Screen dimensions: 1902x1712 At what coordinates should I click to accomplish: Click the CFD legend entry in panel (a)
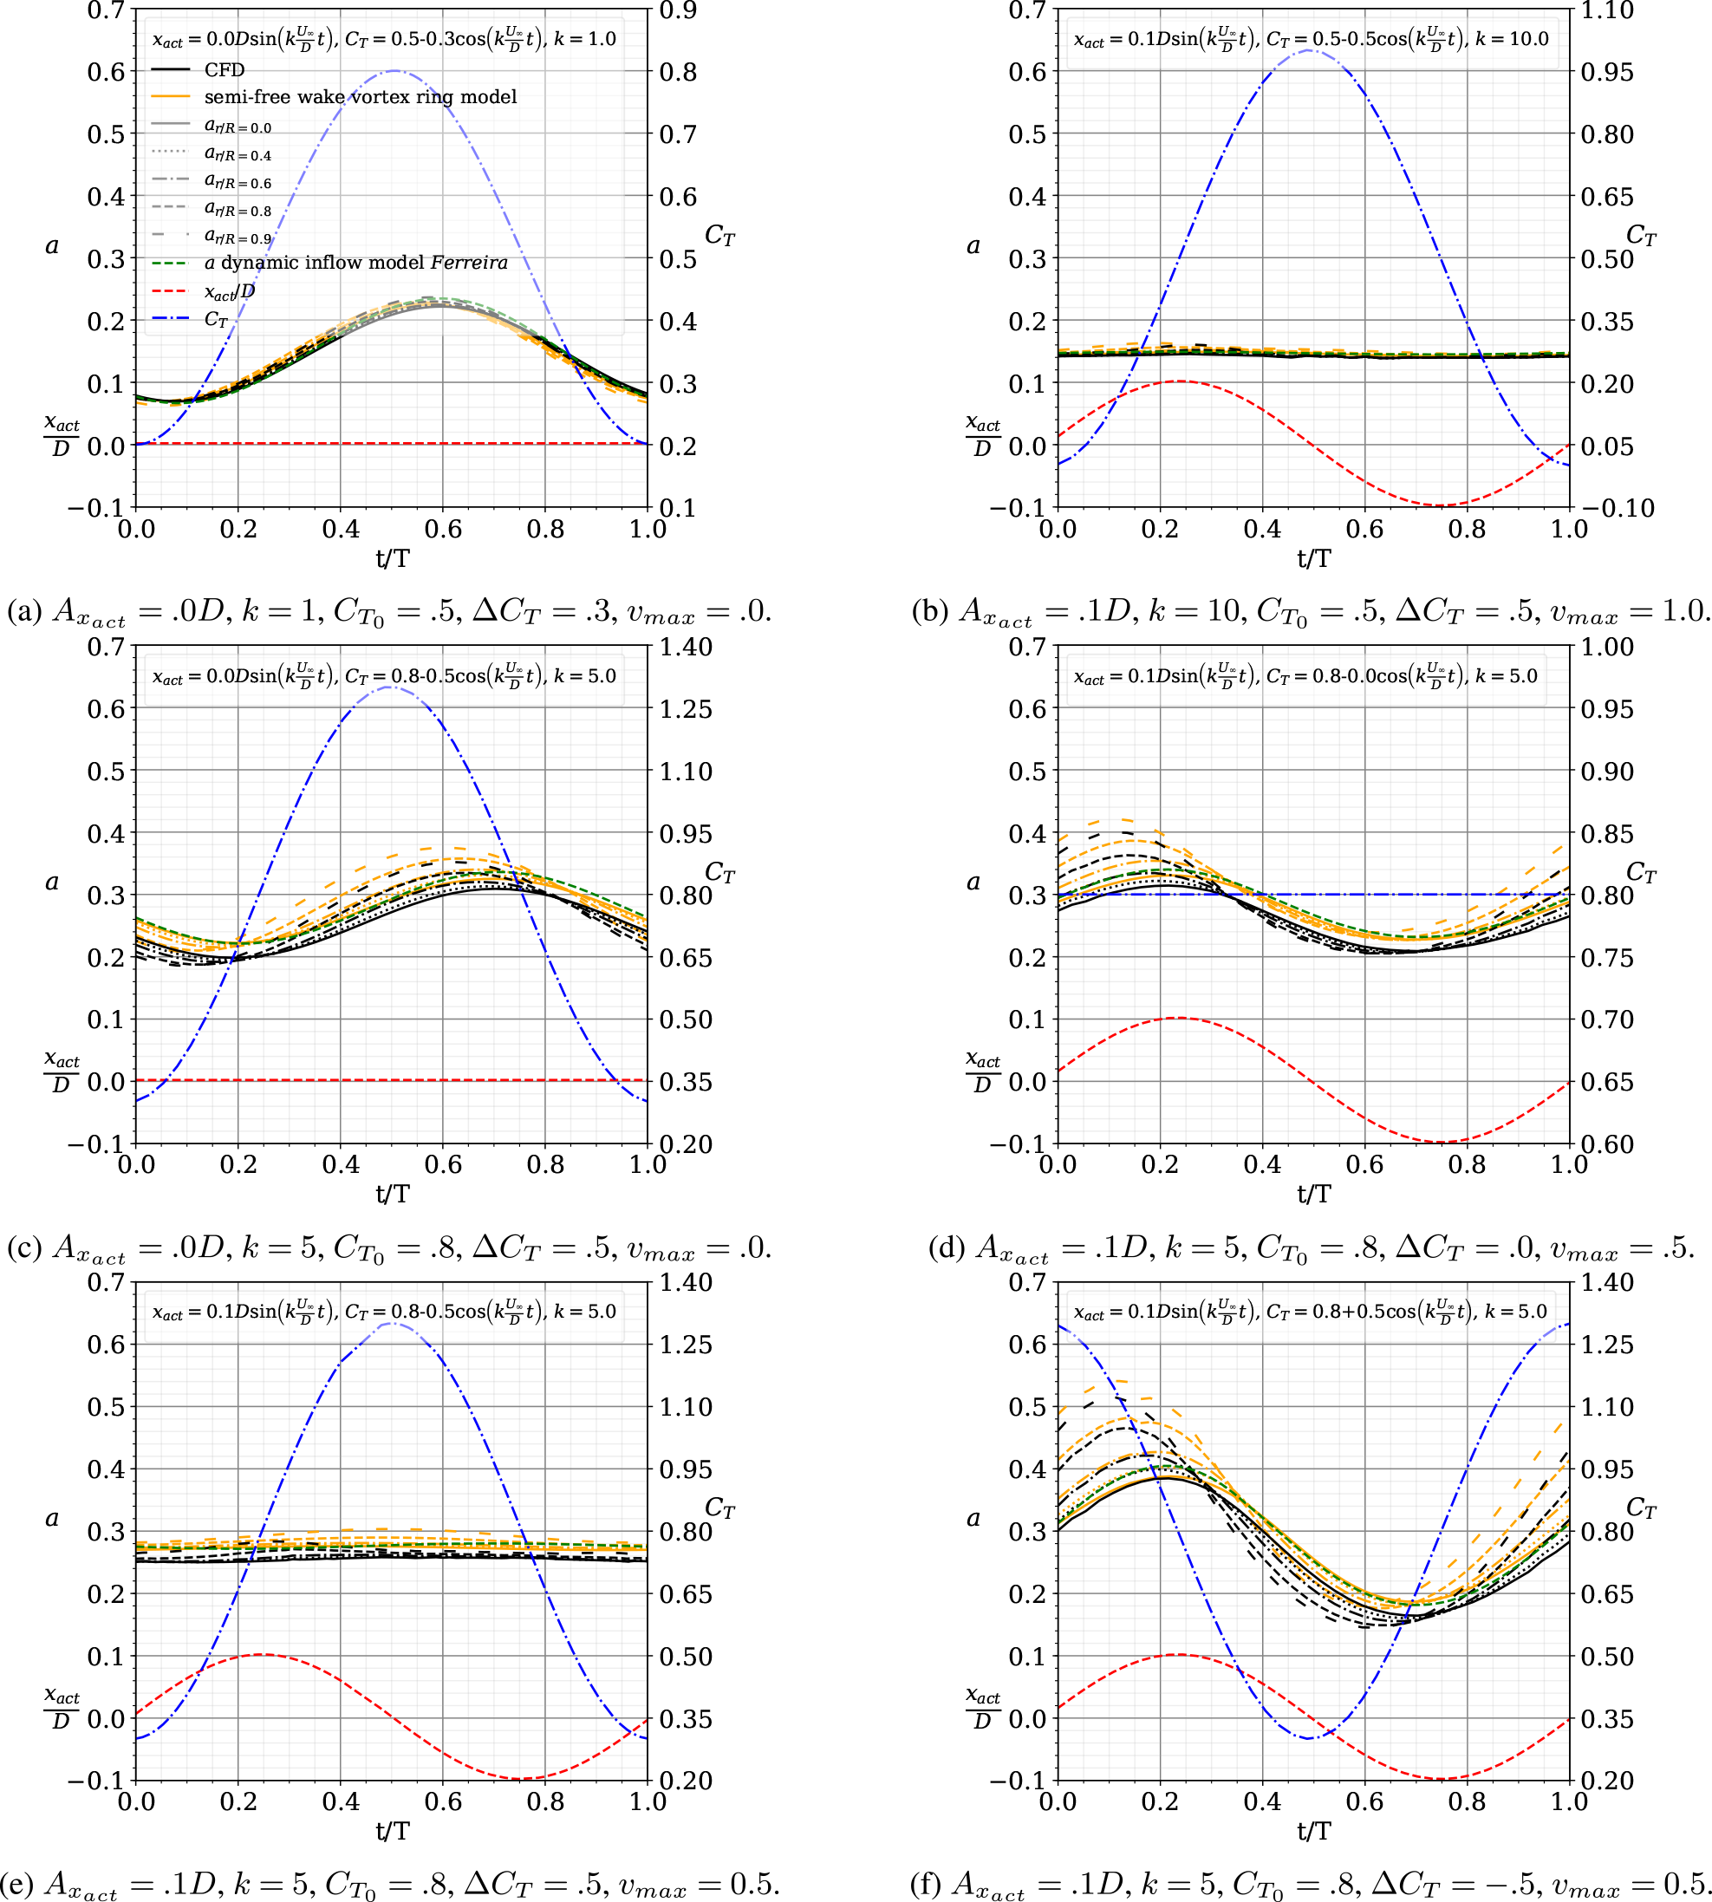pos(224,69)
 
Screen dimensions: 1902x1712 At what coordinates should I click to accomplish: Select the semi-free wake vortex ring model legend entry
pos(360,97)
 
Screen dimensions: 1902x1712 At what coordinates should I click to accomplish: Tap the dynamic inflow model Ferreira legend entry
pos(355,263)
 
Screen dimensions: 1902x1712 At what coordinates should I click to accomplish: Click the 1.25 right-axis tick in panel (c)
pos(685,709)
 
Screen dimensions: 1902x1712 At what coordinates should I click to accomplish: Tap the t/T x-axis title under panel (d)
pos(1314,1194)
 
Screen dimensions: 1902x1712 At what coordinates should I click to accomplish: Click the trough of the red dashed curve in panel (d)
pos(1442,1142)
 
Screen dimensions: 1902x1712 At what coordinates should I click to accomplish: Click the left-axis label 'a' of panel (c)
pos(52,882)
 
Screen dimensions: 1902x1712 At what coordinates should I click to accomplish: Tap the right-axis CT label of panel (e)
pos(719,1508)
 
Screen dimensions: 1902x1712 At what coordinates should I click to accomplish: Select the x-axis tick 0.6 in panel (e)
pos(443,1801)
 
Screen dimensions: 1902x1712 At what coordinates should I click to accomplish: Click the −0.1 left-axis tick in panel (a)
pos(96,508)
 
